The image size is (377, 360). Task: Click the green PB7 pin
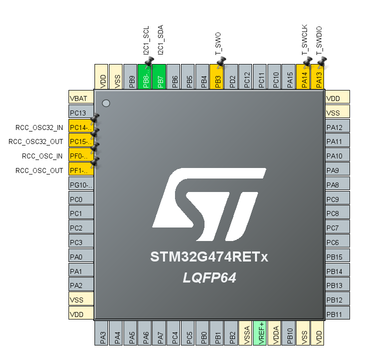pos(159,77)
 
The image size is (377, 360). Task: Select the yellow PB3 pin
pos(217,77)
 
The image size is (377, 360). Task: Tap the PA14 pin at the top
pos(304,77)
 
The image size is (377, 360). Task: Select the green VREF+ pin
pos(260,332)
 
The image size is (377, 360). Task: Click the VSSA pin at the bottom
pos(246,332)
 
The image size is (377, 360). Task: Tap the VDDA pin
pos(275,332)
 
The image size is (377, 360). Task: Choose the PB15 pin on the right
pos(337,256)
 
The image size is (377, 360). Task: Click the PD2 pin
pos(231,77)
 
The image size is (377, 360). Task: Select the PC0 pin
pos(81,198)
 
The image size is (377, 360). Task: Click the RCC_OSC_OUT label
pos(39,170)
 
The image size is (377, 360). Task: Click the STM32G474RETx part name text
pos(209,257)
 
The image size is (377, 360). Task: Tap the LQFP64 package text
pos(209,278)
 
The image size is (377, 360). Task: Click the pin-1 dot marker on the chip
pos(105,103)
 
